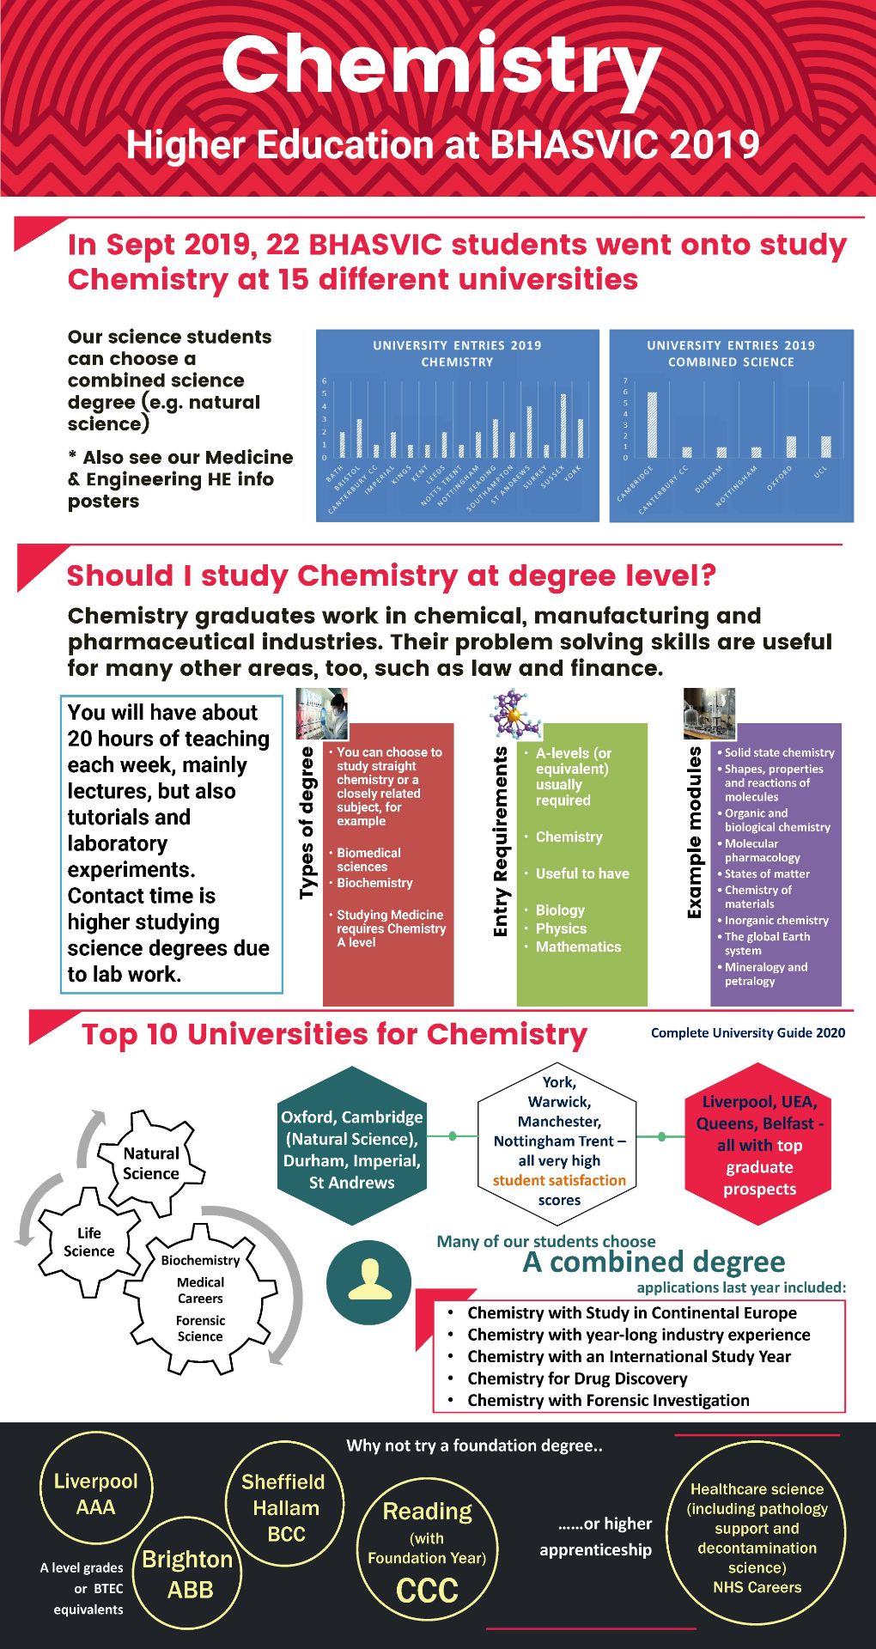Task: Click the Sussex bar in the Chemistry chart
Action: [563, 425]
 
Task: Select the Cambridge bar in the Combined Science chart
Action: [652, 424]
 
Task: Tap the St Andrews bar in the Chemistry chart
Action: [529, 431]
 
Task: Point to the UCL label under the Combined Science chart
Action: [819, 472]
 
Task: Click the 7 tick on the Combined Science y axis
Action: [625, 380]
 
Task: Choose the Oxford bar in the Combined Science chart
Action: [791, 447]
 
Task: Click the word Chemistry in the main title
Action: [441, 64]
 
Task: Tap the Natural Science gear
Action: [151, 1164]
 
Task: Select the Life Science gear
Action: [88, 1242]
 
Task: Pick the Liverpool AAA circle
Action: [95, 1494]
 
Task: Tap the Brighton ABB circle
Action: [188, 1573]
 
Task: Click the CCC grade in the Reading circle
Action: [427, 1591]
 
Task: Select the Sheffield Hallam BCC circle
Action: [284, 1506]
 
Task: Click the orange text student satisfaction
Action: [559, 1180]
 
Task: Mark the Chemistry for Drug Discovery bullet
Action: [576, 1378]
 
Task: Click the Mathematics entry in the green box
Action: [578, 946]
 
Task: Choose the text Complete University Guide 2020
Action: [747, 1033]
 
